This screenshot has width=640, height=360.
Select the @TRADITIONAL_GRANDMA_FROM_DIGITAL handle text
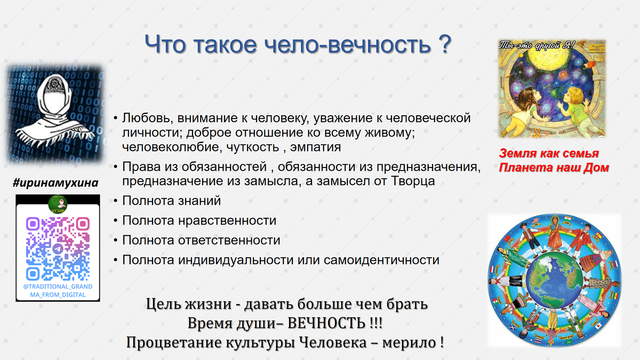point(58,290)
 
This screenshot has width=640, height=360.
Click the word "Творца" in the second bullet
point(415,181)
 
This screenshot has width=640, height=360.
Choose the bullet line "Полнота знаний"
point(171,201)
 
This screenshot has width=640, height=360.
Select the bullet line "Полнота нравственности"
point(199,220)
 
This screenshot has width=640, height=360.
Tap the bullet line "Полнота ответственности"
point(201,240)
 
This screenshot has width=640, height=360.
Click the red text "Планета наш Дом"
point(554,167)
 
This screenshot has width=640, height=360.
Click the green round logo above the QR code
point(57,203)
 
